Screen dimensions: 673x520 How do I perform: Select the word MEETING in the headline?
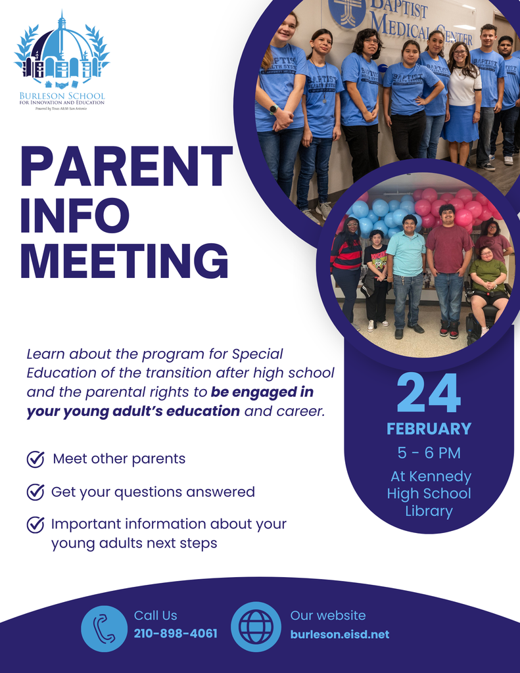coord(124,261)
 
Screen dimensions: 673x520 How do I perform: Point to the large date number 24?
coord(429,394)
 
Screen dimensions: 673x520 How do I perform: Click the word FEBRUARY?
coord(429,429)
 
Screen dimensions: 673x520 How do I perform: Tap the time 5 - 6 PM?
coord(429,453)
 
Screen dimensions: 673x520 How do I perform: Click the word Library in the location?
coord(429,511)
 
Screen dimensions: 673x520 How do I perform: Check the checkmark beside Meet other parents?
coord(35,459)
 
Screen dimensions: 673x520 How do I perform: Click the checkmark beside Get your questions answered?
coord(35,492)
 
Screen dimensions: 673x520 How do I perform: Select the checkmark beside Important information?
coord(35,524)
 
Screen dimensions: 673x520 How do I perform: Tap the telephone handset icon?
coord(104,628)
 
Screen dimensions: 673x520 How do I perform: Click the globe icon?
coord(256,626)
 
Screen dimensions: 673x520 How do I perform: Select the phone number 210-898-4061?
coord(176,634)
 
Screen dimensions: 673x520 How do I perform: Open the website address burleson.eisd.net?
coord(339,634)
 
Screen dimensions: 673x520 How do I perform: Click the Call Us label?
coord(155,616)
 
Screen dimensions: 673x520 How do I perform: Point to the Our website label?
coord(327,616)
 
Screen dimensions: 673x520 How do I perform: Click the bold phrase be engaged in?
coord(262,392)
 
